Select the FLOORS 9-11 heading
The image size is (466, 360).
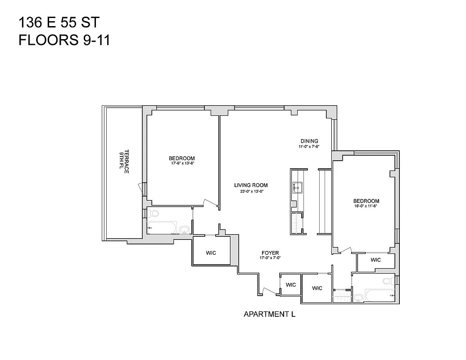pyautogui.click(x=64, y=40)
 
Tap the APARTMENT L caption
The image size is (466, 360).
pyautogui.click(x=269, y=314)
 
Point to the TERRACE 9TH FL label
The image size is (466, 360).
pyautogui.click(x=124, y=162)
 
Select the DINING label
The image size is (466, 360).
pyautogui.click(x=309, y=141)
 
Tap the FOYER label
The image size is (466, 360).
pyautogui.click(x=270, y=253)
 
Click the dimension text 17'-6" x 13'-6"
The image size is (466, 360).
pyautogui.click(x=181, y=163)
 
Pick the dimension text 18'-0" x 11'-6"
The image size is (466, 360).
pyautogui.click(x=366, y=207)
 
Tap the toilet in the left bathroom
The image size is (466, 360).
pyautogui.click(x=154, y=214)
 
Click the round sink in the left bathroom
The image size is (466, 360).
pyautogui.click(x=184, y=230)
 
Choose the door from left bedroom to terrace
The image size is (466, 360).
pyautogui.click(x=141, y=189)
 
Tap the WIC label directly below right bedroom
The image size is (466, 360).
pyautogui.click(x=376, y=260)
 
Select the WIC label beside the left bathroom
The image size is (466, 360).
pyautogui.click(x=211, y=253)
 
